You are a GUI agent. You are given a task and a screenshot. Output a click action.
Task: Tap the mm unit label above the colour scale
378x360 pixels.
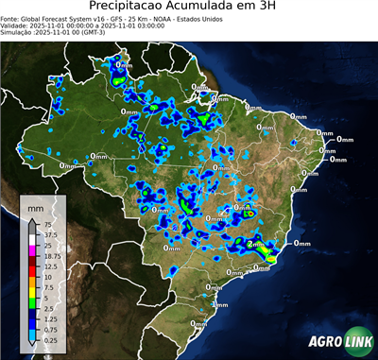[36, 205]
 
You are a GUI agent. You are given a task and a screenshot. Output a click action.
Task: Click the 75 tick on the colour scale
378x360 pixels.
[47, 224]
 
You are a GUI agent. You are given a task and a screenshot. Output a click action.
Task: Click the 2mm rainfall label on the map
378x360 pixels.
[255, 244]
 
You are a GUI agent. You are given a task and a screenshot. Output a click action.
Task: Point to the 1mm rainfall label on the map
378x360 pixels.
[219, 305]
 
